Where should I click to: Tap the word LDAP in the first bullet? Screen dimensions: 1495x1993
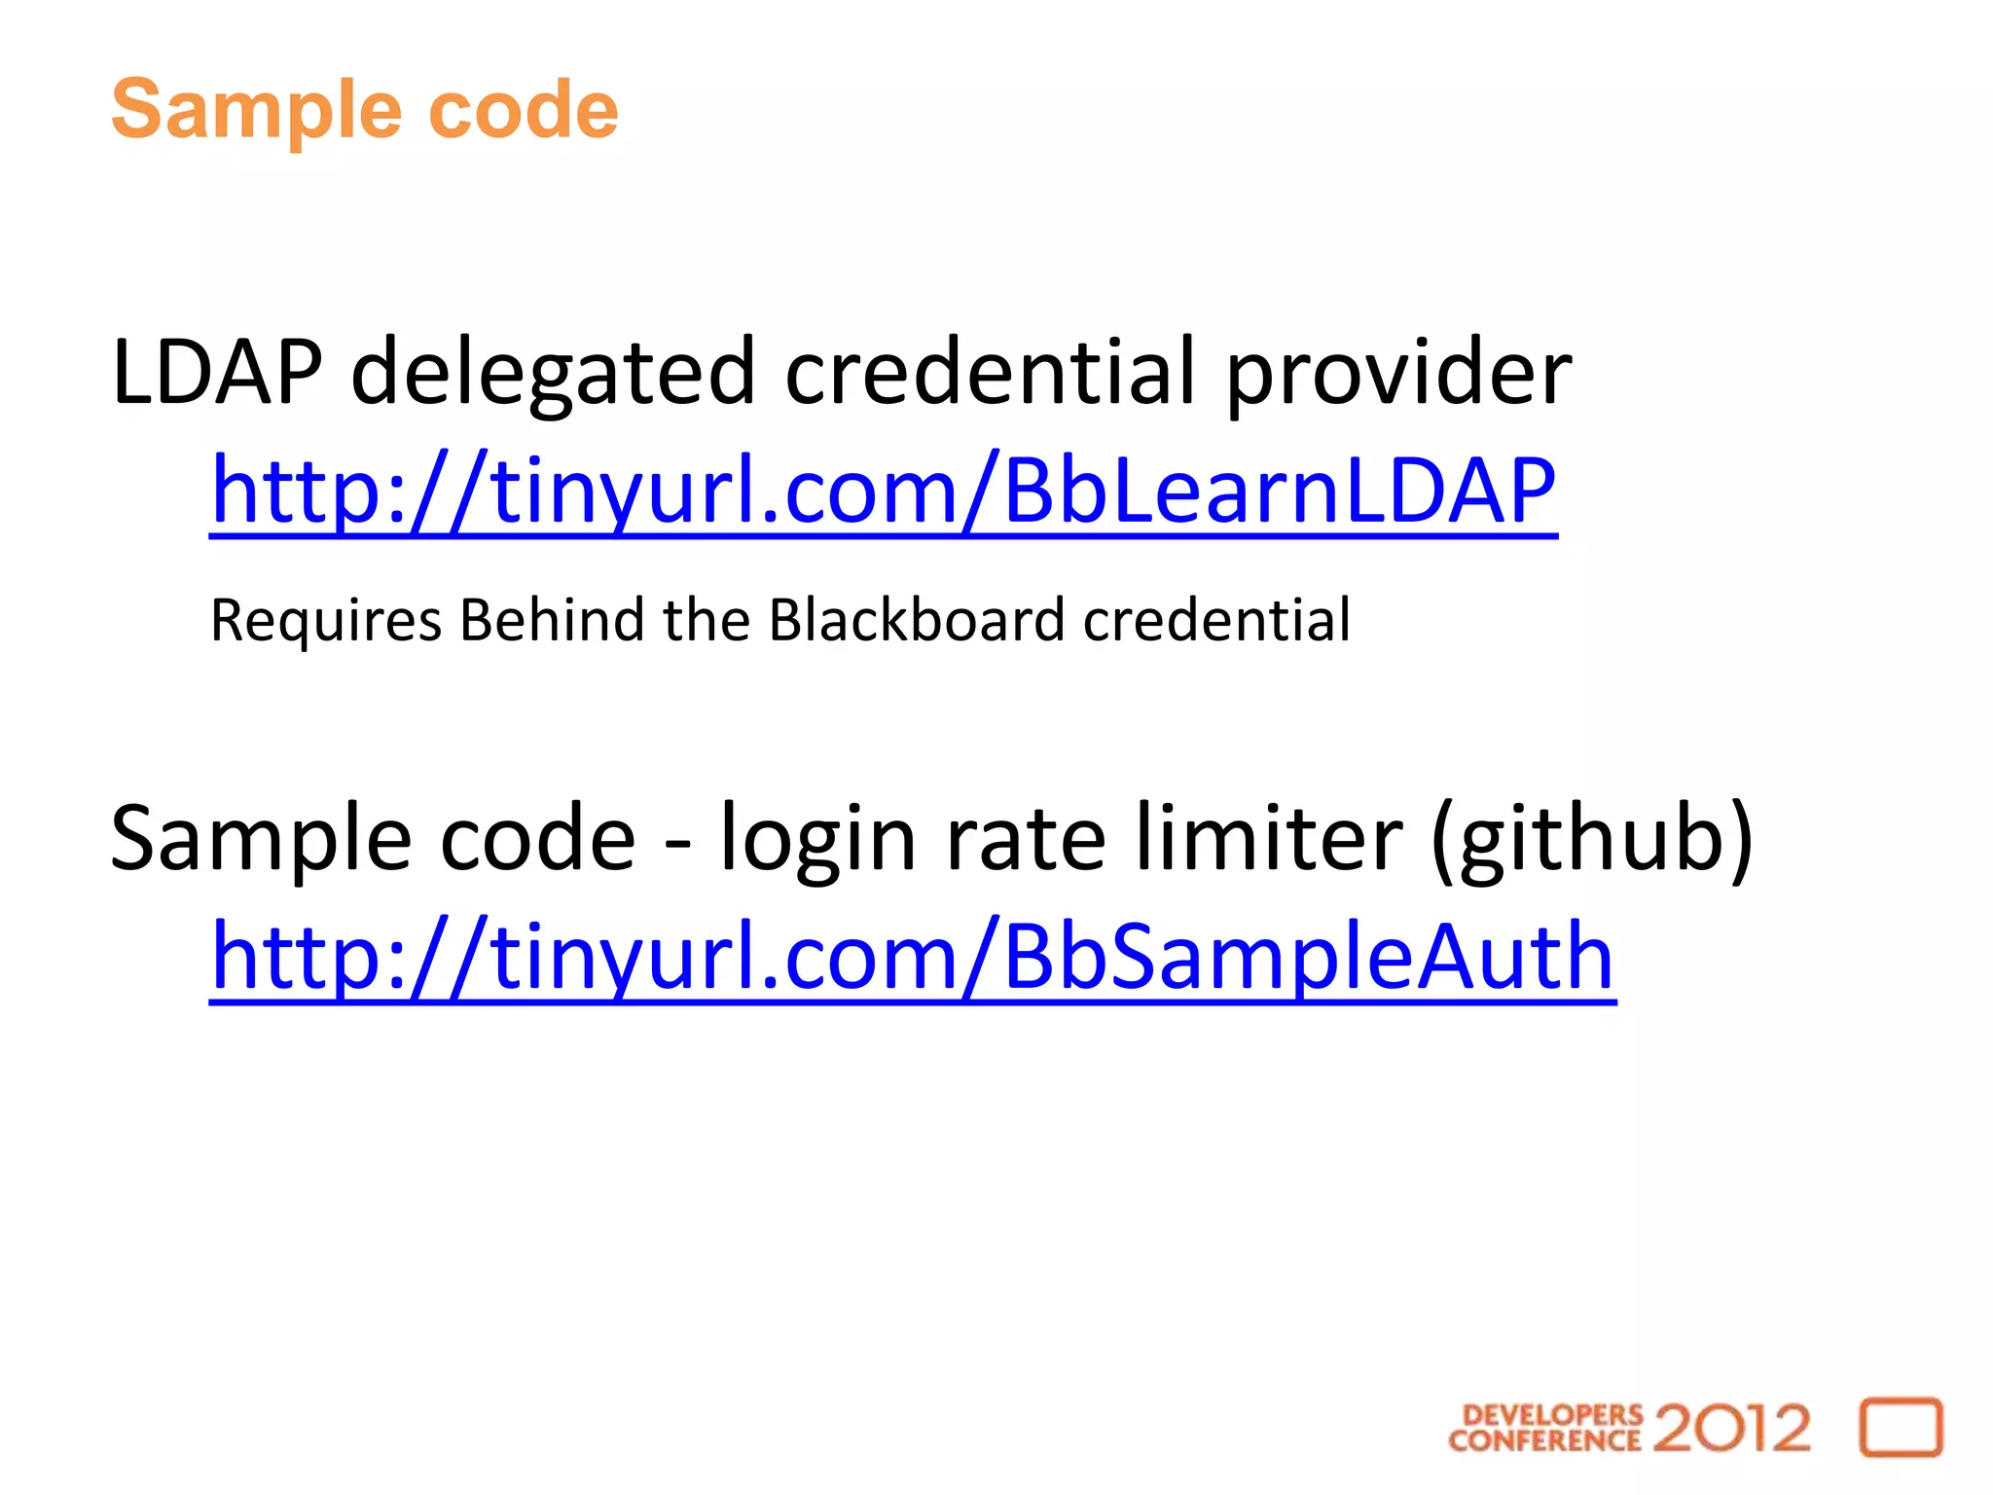[x=216, y=372]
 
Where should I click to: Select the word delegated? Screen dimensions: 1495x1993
[x=553, y=374]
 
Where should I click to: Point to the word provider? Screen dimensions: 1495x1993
[x=1397, y=374]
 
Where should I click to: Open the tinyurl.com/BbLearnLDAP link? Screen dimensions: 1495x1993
[x=883, y=491]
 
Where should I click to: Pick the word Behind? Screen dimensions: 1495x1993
[x=552, y=620]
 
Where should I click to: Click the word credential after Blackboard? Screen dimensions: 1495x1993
[x=1216, y=620]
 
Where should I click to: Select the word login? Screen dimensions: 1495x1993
[x=817, y=839]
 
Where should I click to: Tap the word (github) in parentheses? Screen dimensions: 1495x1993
[x=1592, y=839]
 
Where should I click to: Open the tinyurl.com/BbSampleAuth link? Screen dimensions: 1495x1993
[x=912, y=957]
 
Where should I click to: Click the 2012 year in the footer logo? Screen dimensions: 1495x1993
[x=1731, y=1429]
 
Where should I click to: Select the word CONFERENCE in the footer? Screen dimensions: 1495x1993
[x=1544, y=1440]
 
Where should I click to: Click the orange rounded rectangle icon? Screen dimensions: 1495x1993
[x=1901, y=1428]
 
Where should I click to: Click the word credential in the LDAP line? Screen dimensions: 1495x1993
[x=990, y=372]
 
